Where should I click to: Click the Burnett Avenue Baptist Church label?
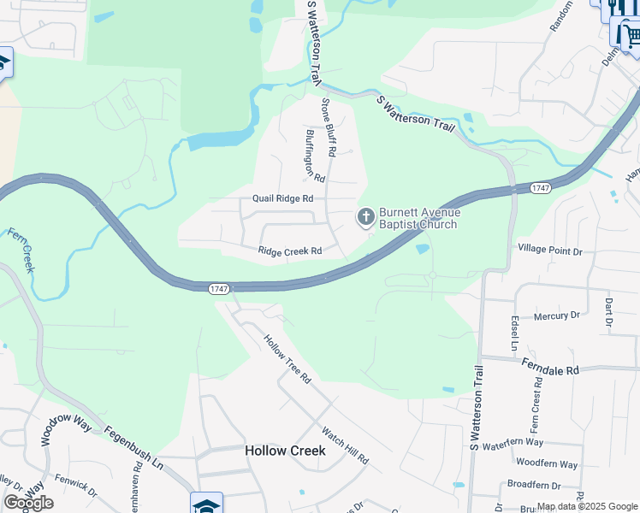(419, 218)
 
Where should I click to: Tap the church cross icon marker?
(365, 218)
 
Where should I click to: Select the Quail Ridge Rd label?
(282, 198)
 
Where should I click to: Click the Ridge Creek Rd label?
(290, 251)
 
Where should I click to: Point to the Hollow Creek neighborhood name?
(285, 450)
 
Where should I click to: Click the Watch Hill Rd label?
(345, 446)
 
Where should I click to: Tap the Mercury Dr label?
(556, 315)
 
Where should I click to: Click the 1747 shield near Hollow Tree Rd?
(219, 289)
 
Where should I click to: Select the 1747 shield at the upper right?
(540, 187)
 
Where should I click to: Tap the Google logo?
(28, 503)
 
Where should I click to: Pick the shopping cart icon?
(629, 35)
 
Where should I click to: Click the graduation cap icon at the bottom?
(207, 504)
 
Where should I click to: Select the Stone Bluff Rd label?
(329, 127)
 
